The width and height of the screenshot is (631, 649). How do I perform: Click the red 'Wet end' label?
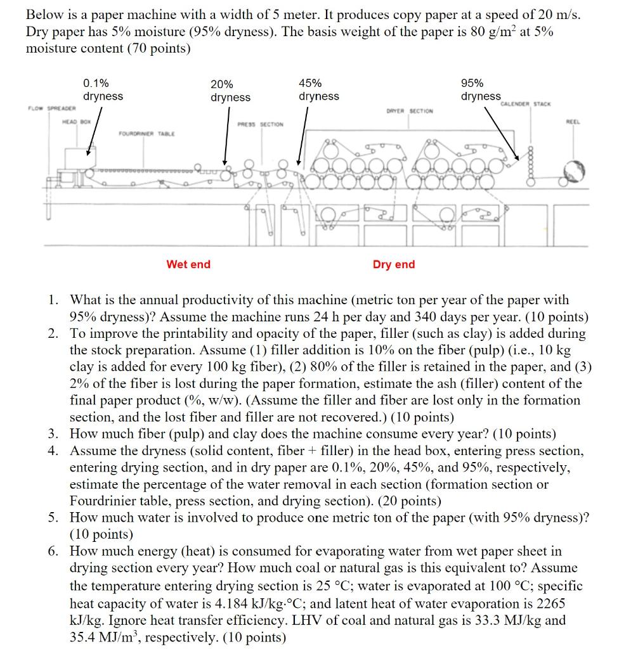[x=188, y=264]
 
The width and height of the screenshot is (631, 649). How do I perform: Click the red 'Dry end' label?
[x=394, y=264]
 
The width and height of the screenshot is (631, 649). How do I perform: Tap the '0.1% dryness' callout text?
[x=103, y=89]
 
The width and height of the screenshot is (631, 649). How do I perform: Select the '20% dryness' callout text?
[x=230, y=91]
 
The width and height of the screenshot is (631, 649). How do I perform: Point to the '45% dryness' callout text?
[x=318, y=89]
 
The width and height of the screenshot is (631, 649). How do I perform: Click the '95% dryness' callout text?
[x=480, y=89]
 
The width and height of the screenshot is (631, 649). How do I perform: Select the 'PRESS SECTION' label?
[x=261, y=124]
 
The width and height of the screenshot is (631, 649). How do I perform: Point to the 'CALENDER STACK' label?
[x=526, y=103]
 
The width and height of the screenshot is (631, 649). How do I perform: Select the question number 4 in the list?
[x=54, y=451]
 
